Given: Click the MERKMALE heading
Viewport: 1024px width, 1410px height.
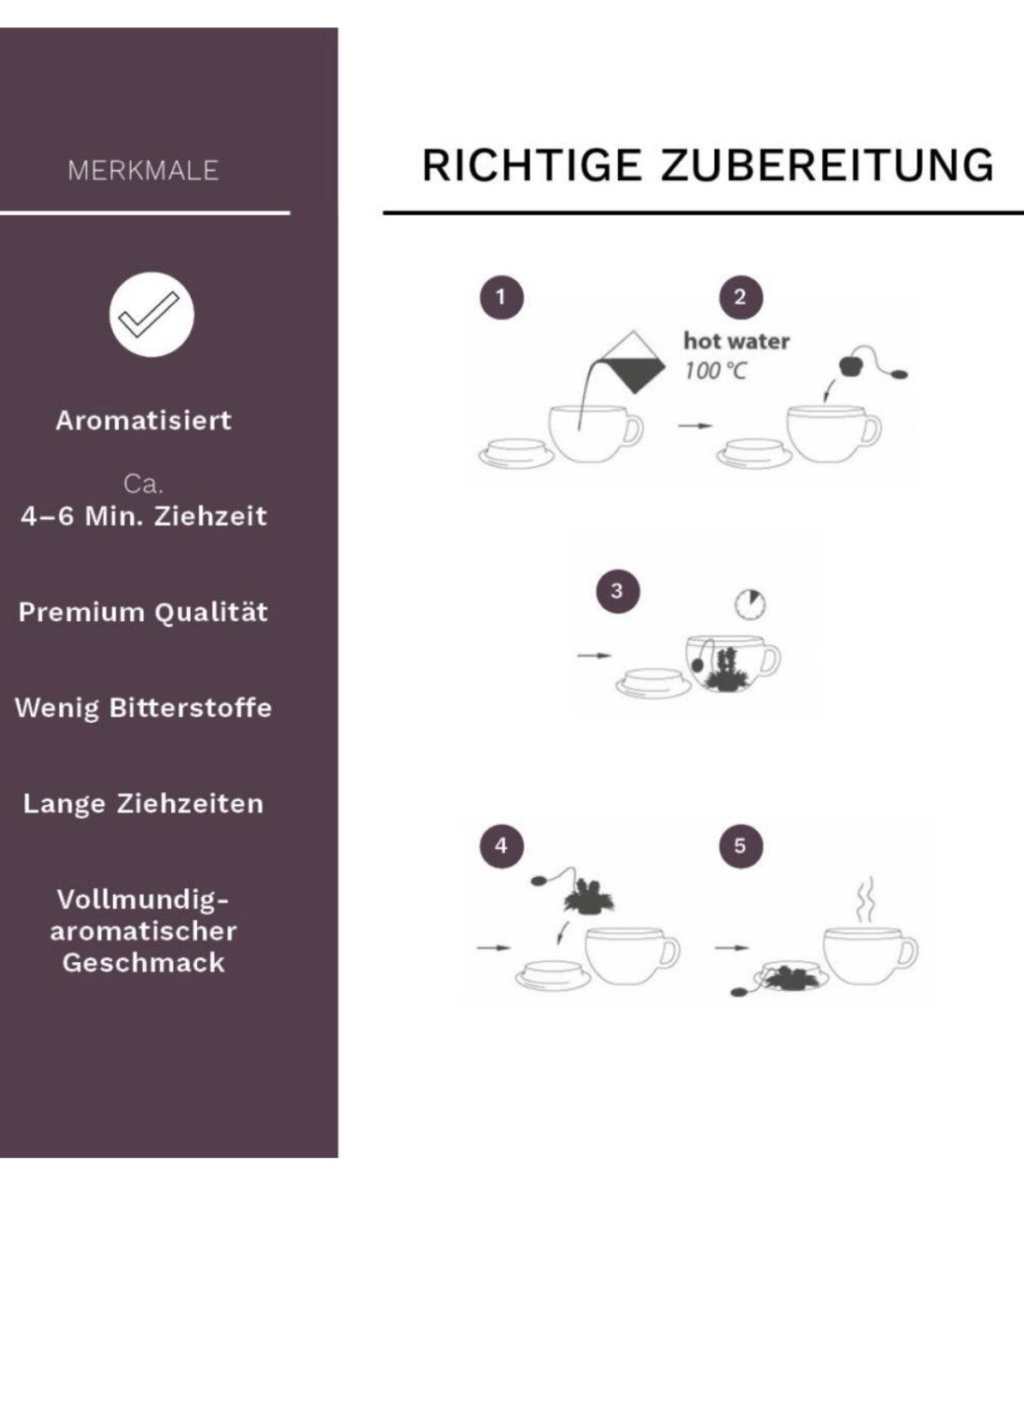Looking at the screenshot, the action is tap(143, 170).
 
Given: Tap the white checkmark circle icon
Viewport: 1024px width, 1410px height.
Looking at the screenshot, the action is tap(152, 314).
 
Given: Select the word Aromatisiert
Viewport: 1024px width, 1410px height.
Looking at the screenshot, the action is tap(143, 421).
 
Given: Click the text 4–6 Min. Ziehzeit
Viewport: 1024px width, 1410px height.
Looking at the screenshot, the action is tap(143, 517).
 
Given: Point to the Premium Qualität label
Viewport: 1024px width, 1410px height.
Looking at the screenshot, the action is tap(143, 612).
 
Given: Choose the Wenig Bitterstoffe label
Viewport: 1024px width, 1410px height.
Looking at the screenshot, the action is tap(143, 708).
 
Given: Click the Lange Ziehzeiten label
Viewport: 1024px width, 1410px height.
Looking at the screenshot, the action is tap(143, 804).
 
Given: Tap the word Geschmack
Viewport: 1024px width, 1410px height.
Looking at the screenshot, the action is tap(143, 963).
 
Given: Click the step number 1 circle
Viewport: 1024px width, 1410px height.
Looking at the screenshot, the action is tap(502, 298).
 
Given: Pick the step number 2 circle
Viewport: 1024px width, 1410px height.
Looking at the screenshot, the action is tap(741, 298).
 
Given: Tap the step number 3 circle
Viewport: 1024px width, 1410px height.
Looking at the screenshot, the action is tap(617, 591).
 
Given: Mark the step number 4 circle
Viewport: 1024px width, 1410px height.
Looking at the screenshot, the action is tap(502, 846).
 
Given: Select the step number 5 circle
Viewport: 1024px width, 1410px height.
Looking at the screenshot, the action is tap(741, 846).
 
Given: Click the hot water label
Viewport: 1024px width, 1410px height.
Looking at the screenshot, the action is tap(736, 341).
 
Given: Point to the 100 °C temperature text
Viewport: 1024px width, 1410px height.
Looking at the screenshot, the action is tap(716, 371).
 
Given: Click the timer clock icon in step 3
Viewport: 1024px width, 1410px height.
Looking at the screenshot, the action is tap(750, 605).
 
